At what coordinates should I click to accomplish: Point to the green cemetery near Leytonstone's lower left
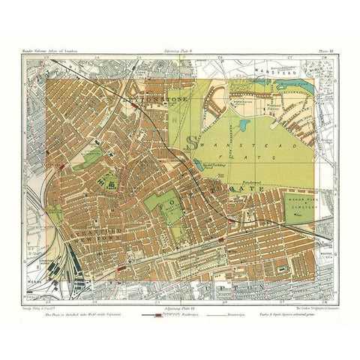point(89,158)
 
